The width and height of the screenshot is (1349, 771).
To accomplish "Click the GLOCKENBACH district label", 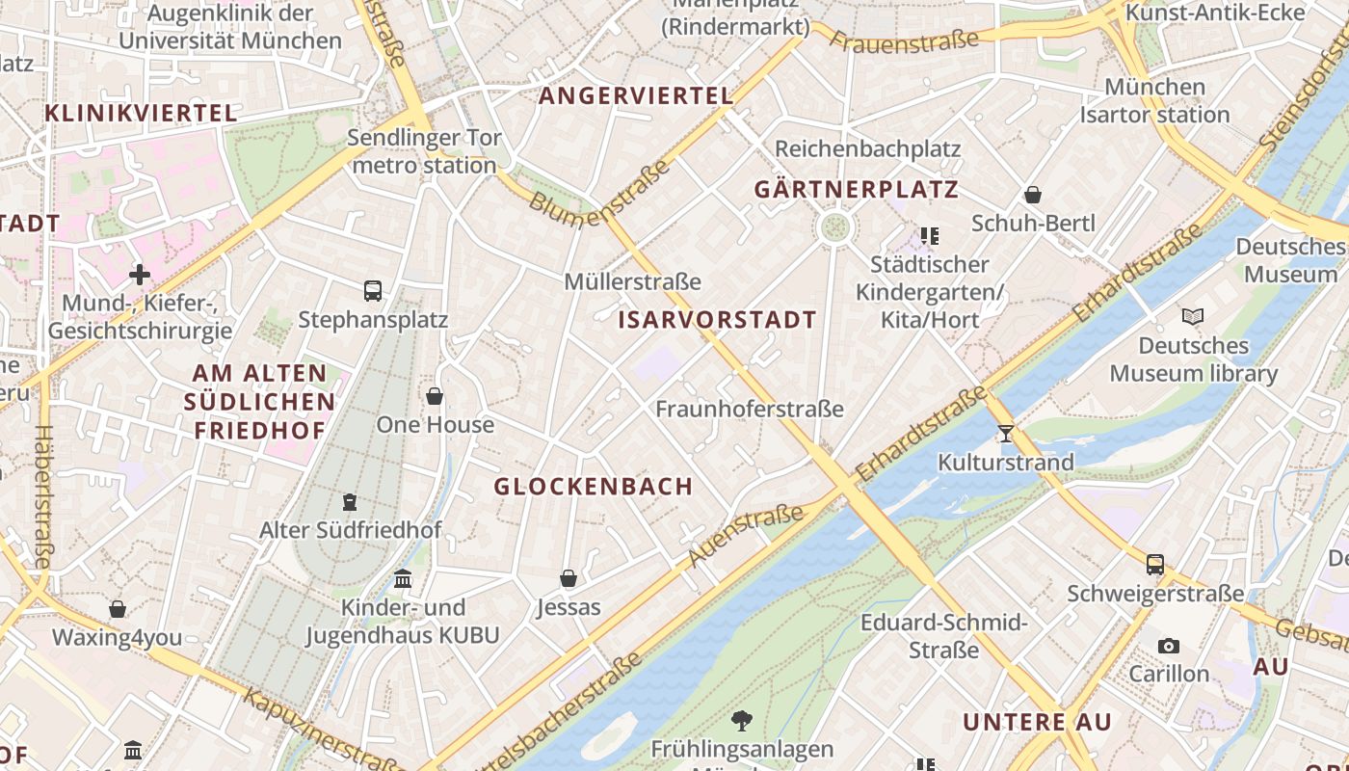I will pyautogui.click(x=594, y=487).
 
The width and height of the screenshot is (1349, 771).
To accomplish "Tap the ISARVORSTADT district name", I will pyautogui.click(x=717, y=320).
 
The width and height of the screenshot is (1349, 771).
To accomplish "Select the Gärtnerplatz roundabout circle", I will pyautogui.click(x=834, y=227).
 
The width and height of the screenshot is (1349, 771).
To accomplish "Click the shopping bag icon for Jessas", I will pyautogui.click(x=569, y=578).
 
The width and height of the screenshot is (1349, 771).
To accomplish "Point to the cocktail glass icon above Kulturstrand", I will pyautogui.click(x=1006, y=434).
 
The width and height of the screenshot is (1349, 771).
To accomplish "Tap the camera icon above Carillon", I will pyautogui.click(x=1169, y=646).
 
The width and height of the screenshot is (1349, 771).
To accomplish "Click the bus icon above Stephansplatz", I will pyautogui.click(x=373, y=290).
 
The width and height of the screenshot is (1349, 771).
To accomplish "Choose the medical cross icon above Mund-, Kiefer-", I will pyautogui.click(x=140, y=275).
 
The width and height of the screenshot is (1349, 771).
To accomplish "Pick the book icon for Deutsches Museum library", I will pyautogui.click(x=1193, y=316).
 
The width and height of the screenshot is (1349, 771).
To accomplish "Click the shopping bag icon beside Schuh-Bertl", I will pyautogui.click(x=1033, y=195).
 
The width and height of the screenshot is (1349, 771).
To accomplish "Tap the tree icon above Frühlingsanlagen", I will pyautogui.click(x=741, y=720).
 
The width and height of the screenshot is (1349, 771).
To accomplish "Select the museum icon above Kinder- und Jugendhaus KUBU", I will pyautogui.click(x=403, y=578).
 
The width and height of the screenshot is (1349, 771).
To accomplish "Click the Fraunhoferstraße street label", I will pyautogui.click(x=750, y=409).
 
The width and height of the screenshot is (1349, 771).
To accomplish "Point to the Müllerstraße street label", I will pyautogui.click(x=632, y=282).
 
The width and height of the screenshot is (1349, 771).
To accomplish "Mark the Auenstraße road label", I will pyautogui.click(x=746, y=536).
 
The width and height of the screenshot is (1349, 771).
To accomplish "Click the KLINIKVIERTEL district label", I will pyautogui.click(x=141, y=113).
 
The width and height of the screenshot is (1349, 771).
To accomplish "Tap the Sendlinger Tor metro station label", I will pyautogui.click(x=424, y=151).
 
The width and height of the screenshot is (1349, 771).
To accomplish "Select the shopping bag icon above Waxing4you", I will pyautogui.click(x=118, y=609).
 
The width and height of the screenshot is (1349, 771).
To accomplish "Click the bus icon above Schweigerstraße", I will pyautogui.click(x=1155, y=565).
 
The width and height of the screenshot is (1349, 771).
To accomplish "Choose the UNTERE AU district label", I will pyautogui.click(x=1037, y=722).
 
